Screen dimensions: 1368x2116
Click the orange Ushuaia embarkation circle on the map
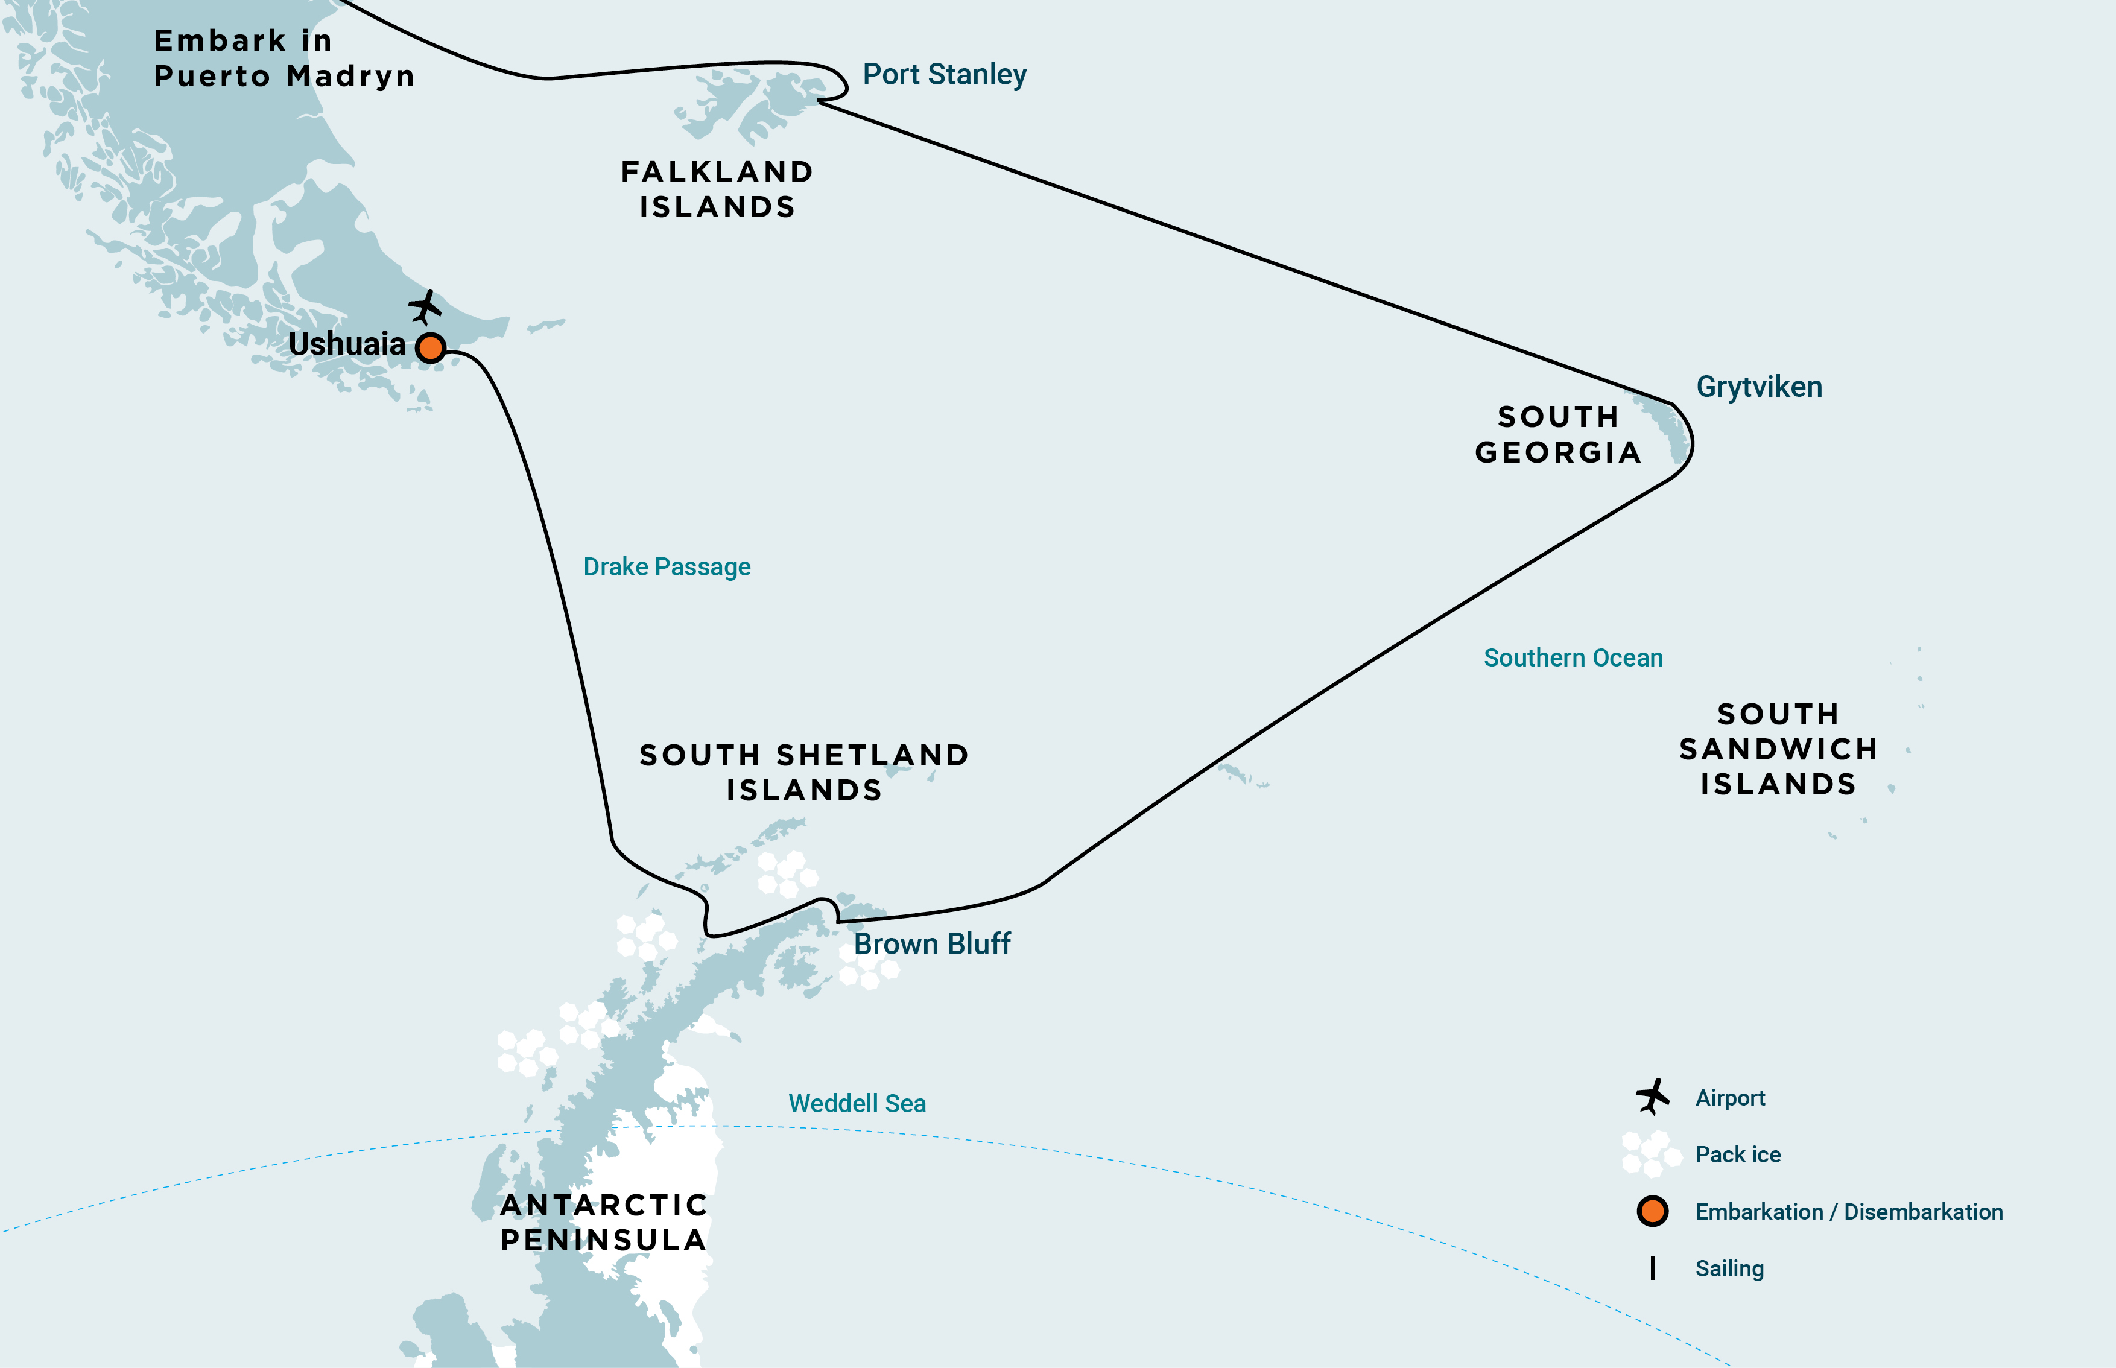pos(431,347)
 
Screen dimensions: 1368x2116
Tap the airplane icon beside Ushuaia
pos(425,308)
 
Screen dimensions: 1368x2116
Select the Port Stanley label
pos(944,75)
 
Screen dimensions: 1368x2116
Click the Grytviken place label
pos(1759,387)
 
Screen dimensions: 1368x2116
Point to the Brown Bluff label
pos(932,945)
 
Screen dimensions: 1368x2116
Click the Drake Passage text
pos(667,567)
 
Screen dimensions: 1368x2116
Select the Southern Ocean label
pos(1573,658)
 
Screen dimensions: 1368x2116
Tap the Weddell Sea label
pos(857,1103)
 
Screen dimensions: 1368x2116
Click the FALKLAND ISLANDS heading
pos(717,189)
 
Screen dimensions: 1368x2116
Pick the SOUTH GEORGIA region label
pos(1558,434)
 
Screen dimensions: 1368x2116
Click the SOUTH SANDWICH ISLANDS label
pos(1778,749)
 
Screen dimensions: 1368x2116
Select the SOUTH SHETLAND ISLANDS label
pos(804,772)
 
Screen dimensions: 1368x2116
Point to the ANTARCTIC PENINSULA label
pos(603,1222)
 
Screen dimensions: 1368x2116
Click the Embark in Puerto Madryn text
pos(284,59)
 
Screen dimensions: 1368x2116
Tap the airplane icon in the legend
pos(1652,1097)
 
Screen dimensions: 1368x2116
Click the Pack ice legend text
pos(1738,1155)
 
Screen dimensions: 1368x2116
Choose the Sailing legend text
pos(1729,1268)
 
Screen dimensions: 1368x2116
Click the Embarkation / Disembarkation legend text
pos(1849,1212)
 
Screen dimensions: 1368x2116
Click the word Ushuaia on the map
pos(346,344)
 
